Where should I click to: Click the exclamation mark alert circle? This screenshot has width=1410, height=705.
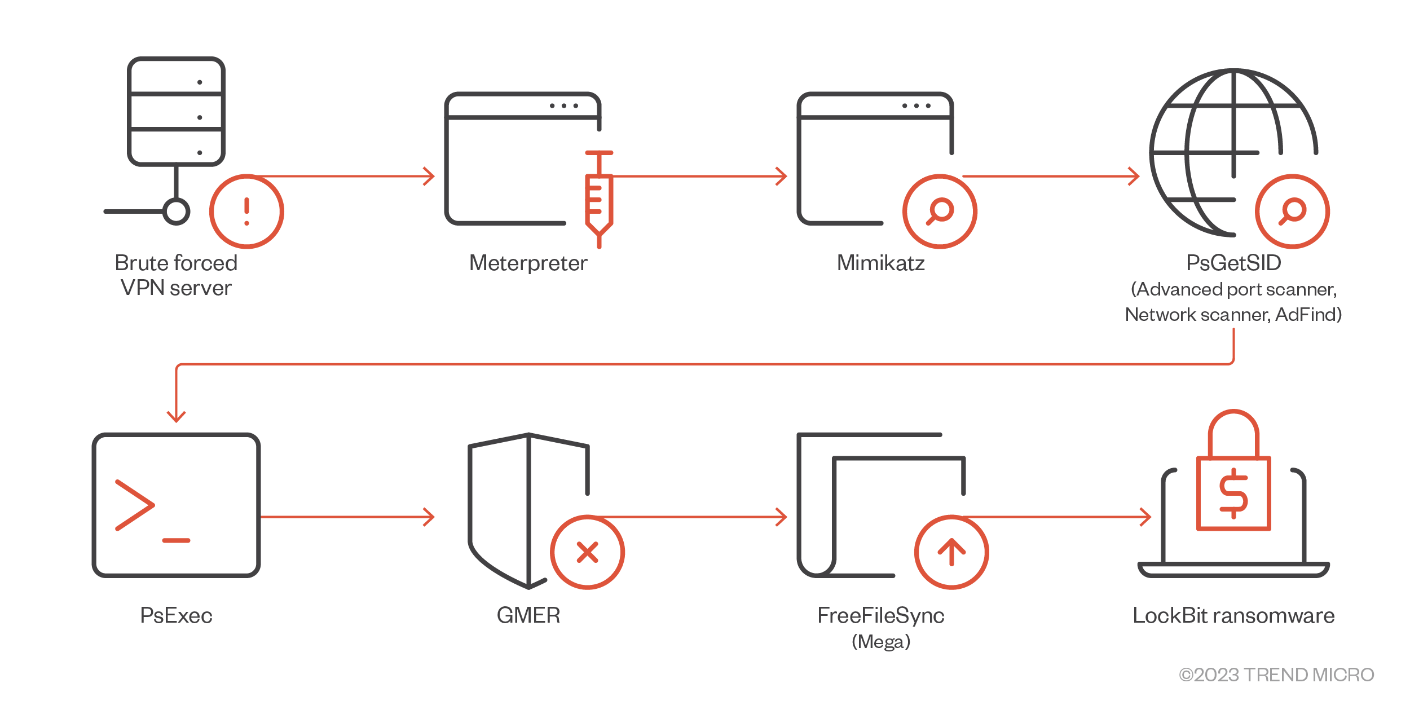point(246,211)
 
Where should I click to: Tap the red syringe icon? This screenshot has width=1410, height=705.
point(599,200)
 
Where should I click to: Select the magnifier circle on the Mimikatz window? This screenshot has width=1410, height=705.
point(940,211)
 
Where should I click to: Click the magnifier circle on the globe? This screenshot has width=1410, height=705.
point(1292,211)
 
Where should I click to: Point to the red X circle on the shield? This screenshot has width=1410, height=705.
point(587,552)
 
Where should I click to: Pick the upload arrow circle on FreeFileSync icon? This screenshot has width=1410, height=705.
point(951,552)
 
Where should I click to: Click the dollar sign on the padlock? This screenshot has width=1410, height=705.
point(1233,493)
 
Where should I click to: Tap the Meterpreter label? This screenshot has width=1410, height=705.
point(528,263)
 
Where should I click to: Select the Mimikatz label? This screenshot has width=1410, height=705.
point(880,263)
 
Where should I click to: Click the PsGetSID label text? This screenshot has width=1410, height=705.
point(1233,263)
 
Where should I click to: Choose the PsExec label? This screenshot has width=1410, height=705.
point(176,615)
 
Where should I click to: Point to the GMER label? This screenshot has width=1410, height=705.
point(528,615)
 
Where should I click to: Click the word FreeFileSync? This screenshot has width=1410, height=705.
point(880,615)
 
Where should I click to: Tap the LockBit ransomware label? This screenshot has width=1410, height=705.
point(1233,615)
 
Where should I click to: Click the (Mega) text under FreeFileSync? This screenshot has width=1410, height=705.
point(880,642)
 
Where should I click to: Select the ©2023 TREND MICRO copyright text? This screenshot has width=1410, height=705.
point(1276,675)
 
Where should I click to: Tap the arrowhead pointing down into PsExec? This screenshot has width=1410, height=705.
point(176,416)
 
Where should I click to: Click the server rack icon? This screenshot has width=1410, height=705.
point(176,111)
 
